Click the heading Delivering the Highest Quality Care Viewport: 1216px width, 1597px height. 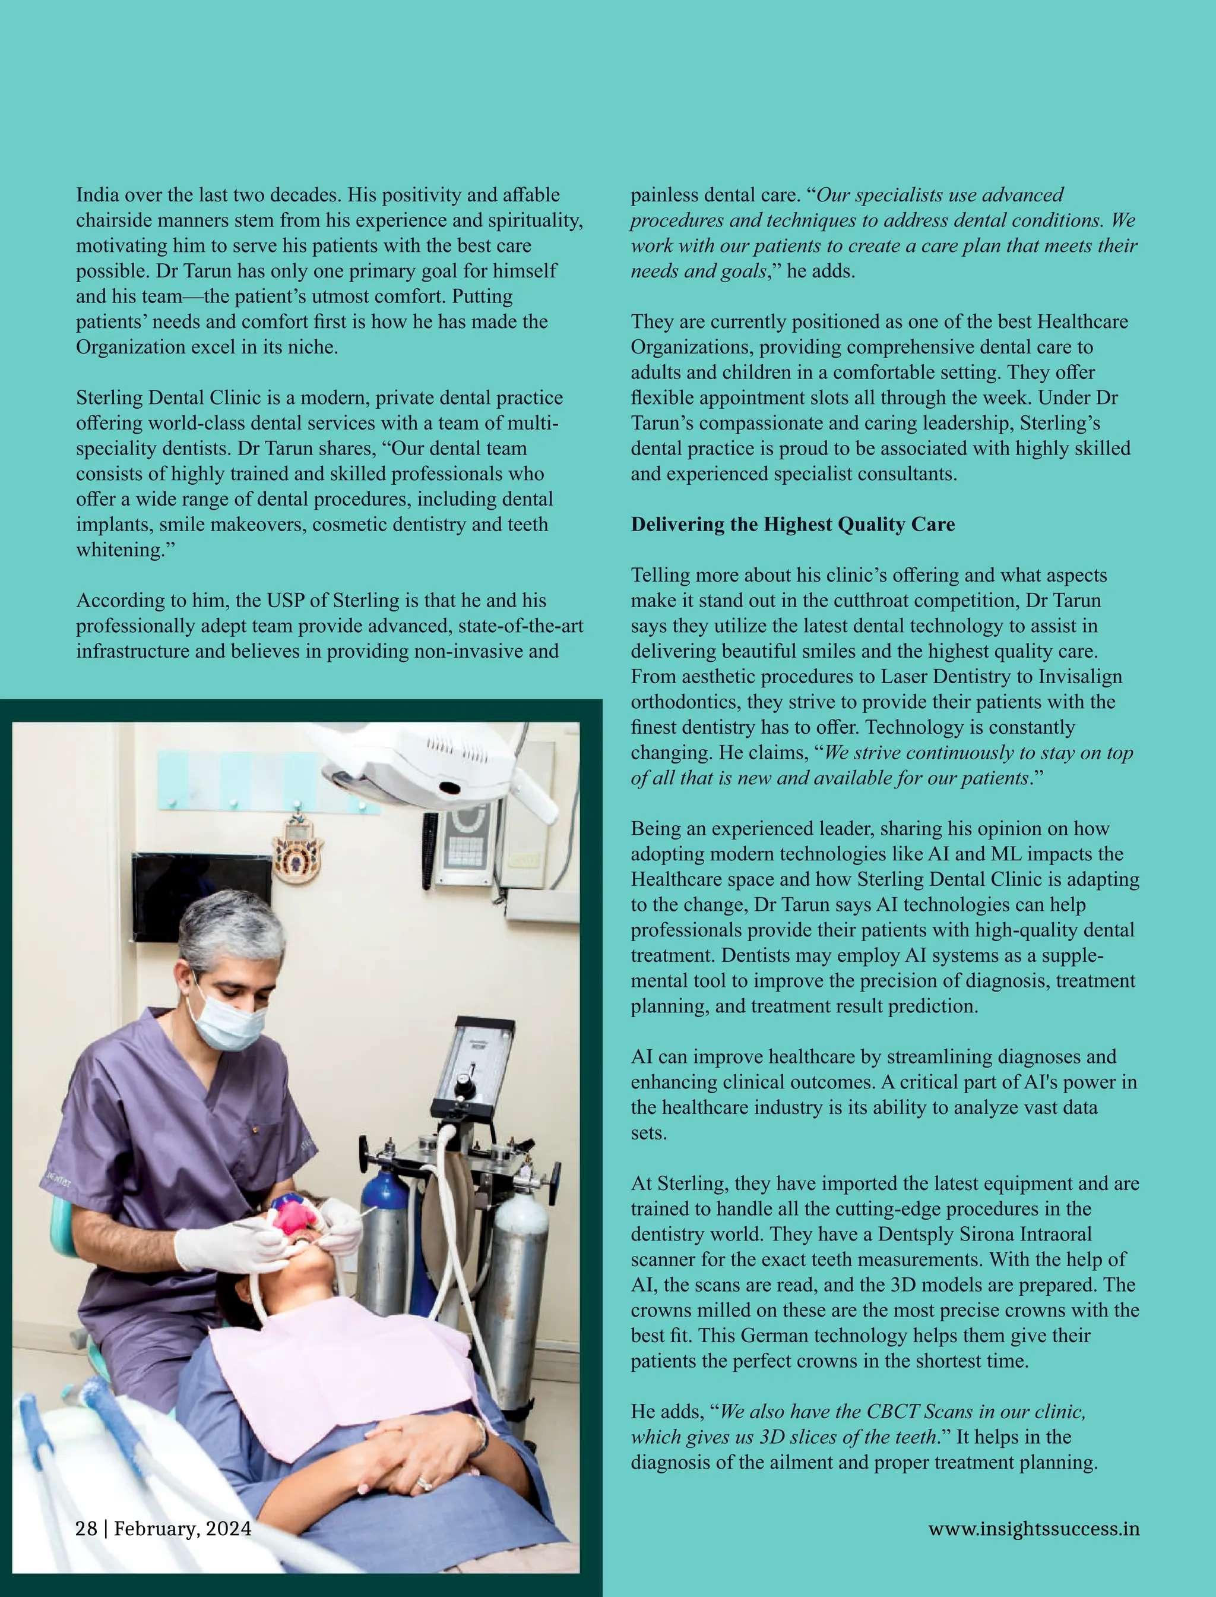pyautogui.click(x=793, y=525)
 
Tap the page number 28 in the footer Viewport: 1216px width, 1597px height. pyautogui.click(x=86, y=1529)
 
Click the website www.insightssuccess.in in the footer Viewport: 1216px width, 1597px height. pyautogui.click(x=1034, y=1529)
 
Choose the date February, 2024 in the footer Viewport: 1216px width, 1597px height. pyautogui.click(x=183, y=1529)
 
